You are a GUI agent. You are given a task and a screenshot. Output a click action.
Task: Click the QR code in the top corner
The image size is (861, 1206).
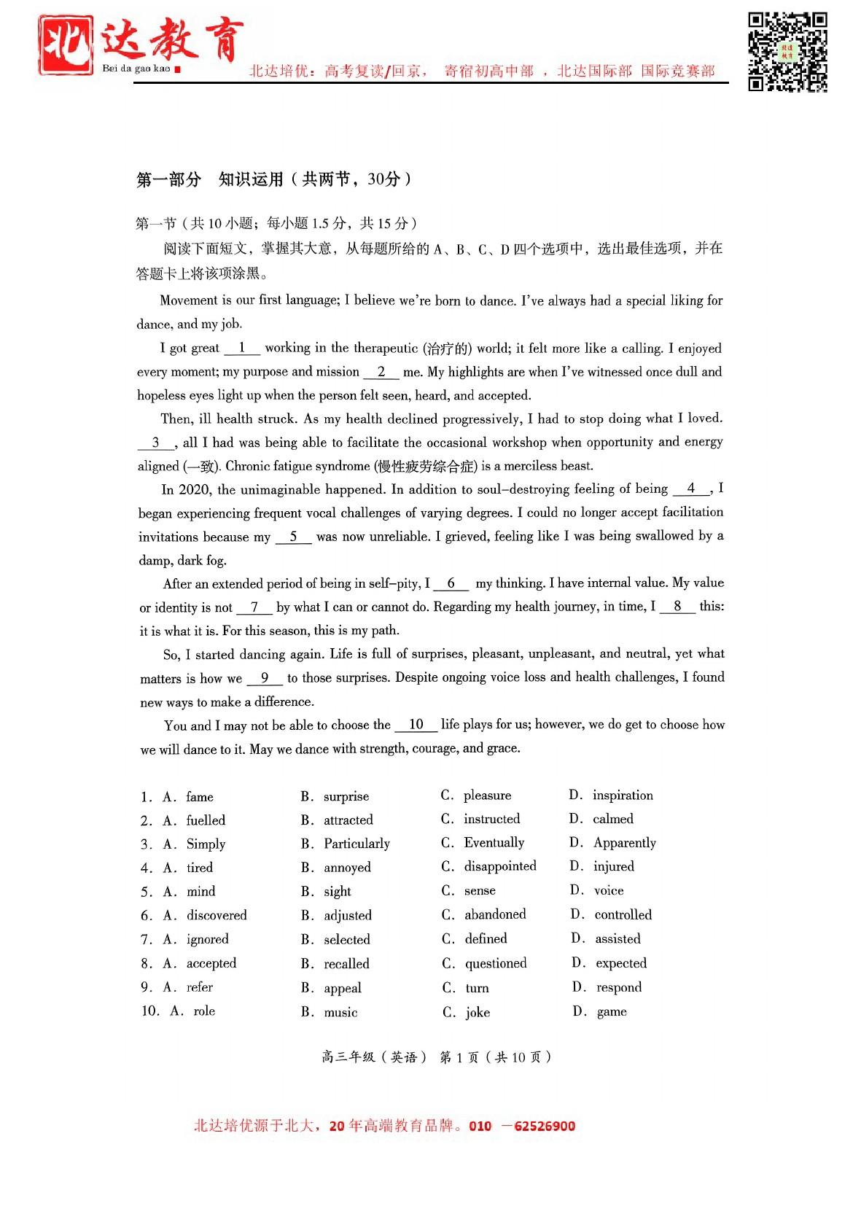787,52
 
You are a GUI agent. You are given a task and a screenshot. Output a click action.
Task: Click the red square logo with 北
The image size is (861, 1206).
66,45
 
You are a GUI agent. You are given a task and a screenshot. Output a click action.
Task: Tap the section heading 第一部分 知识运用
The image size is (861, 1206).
273,179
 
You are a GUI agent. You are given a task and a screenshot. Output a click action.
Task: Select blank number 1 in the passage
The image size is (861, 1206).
242,349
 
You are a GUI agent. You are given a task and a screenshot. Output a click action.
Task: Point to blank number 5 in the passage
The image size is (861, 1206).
293,537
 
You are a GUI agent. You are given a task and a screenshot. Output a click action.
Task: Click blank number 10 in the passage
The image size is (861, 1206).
416,725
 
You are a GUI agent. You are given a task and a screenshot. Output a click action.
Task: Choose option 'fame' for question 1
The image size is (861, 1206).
199,797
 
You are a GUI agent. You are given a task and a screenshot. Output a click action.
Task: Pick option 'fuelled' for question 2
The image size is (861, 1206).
206,820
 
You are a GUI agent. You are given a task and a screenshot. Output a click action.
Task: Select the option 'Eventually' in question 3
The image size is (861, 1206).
494,843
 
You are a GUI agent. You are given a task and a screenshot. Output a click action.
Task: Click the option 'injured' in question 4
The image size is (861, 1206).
613,866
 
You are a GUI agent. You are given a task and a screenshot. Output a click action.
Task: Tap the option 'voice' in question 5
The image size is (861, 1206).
609,890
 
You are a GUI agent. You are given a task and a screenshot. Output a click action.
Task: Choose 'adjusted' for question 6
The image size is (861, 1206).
347,915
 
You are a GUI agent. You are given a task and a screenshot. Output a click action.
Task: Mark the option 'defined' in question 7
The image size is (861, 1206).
486,938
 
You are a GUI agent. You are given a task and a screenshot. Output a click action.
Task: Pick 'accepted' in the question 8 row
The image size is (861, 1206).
211,963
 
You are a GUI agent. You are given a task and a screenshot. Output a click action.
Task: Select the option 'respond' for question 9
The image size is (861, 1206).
618,987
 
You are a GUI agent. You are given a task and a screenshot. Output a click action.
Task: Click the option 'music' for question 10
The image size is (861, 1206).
340,1012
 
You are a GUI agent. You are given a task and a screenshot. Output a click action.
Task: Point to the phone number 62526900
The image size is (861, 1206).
544,1126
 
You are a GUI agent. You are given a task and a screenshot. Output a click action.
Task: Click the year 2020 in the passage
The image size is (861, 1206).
195,489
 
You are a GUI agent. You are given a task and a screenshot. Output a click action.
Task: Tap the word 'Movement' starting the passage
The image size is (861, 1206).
189,300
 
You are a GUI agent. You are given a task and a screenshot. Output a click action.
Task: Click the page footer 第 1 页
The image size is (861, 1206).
459,1057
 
